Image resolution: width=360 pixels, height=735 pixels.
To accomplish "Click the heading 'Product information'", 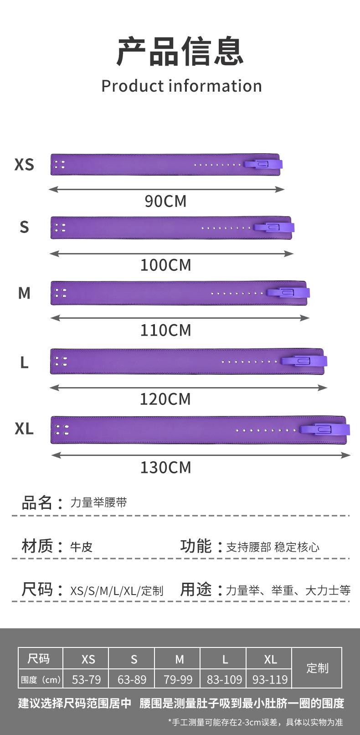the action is pyautogui.click(x=181, y=86).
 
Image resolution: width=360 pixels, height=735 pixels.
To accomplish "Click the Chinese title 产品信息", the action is pyautogui.click(x=180, y=52).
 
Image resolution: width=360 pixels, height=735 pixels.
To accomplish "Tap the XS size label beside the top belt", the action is pyautogui.click(x=24, y=164).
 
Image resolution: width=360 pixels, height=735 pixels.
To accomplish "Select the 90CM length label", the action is pyautogui.click(x=165, y=201).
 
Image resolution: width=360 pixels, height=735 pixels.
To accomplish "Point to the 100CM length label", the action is pyautogui.click(x=165, y=265).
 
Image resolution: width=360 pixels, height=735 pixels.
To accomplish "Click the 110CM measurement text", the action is pyautogui.click(x=165, y=330).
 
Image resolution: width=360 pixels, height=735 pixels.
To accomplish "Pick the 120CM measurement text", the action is pyautogui.click(x=165, y=399).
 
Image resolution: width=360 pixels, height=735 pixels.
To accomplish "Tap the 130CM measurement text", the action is pyautogui.click(x=165, y=467).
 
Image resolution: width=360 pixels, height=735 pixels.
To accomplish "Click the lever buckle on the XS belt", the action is pyautogui.click(x=263, y=164).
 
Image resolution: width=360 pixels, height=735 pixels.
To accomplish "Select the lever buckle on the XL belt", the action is pyautogui.click(x=324, y=429).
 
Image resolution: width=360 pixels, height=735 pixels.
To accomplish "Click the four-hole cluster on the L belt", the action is pyautogui.click(x=61, y=362).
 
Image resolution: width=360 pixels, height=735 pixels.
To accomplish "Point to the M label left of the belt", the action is pyautogui.click(x=24, y=293).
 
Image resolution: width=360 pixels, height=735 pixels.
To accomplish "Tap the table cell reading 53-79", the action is pyautogui.click(x=86, y=680).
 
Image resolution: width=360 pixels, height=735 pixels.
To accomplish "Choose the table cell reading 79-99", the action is pyautogui.click(x=178, y=680).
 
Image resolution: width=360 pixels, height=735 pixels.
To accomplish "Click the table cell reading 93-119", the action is pyautogui.click(x=270, y=680).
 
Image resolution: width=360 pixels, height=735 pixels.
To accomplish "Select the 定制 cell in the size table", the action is pyautogui.click(x=317, y=668).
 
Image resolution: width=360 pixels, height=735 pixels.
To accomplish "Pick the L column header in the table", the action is pyautogui.click(x=225, y=659).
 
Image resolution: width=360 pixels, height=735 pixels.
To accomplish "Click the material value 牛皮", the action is pyautogui.click(x=81, y=547).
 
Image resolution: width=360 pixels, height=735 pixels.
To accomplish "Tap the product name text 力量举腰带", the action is pyautogui.click(x=98, y=502).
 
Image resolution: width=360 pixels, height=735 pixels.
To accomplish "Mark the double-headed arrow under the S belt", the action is pyautogui.click(x=171, y=254).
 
